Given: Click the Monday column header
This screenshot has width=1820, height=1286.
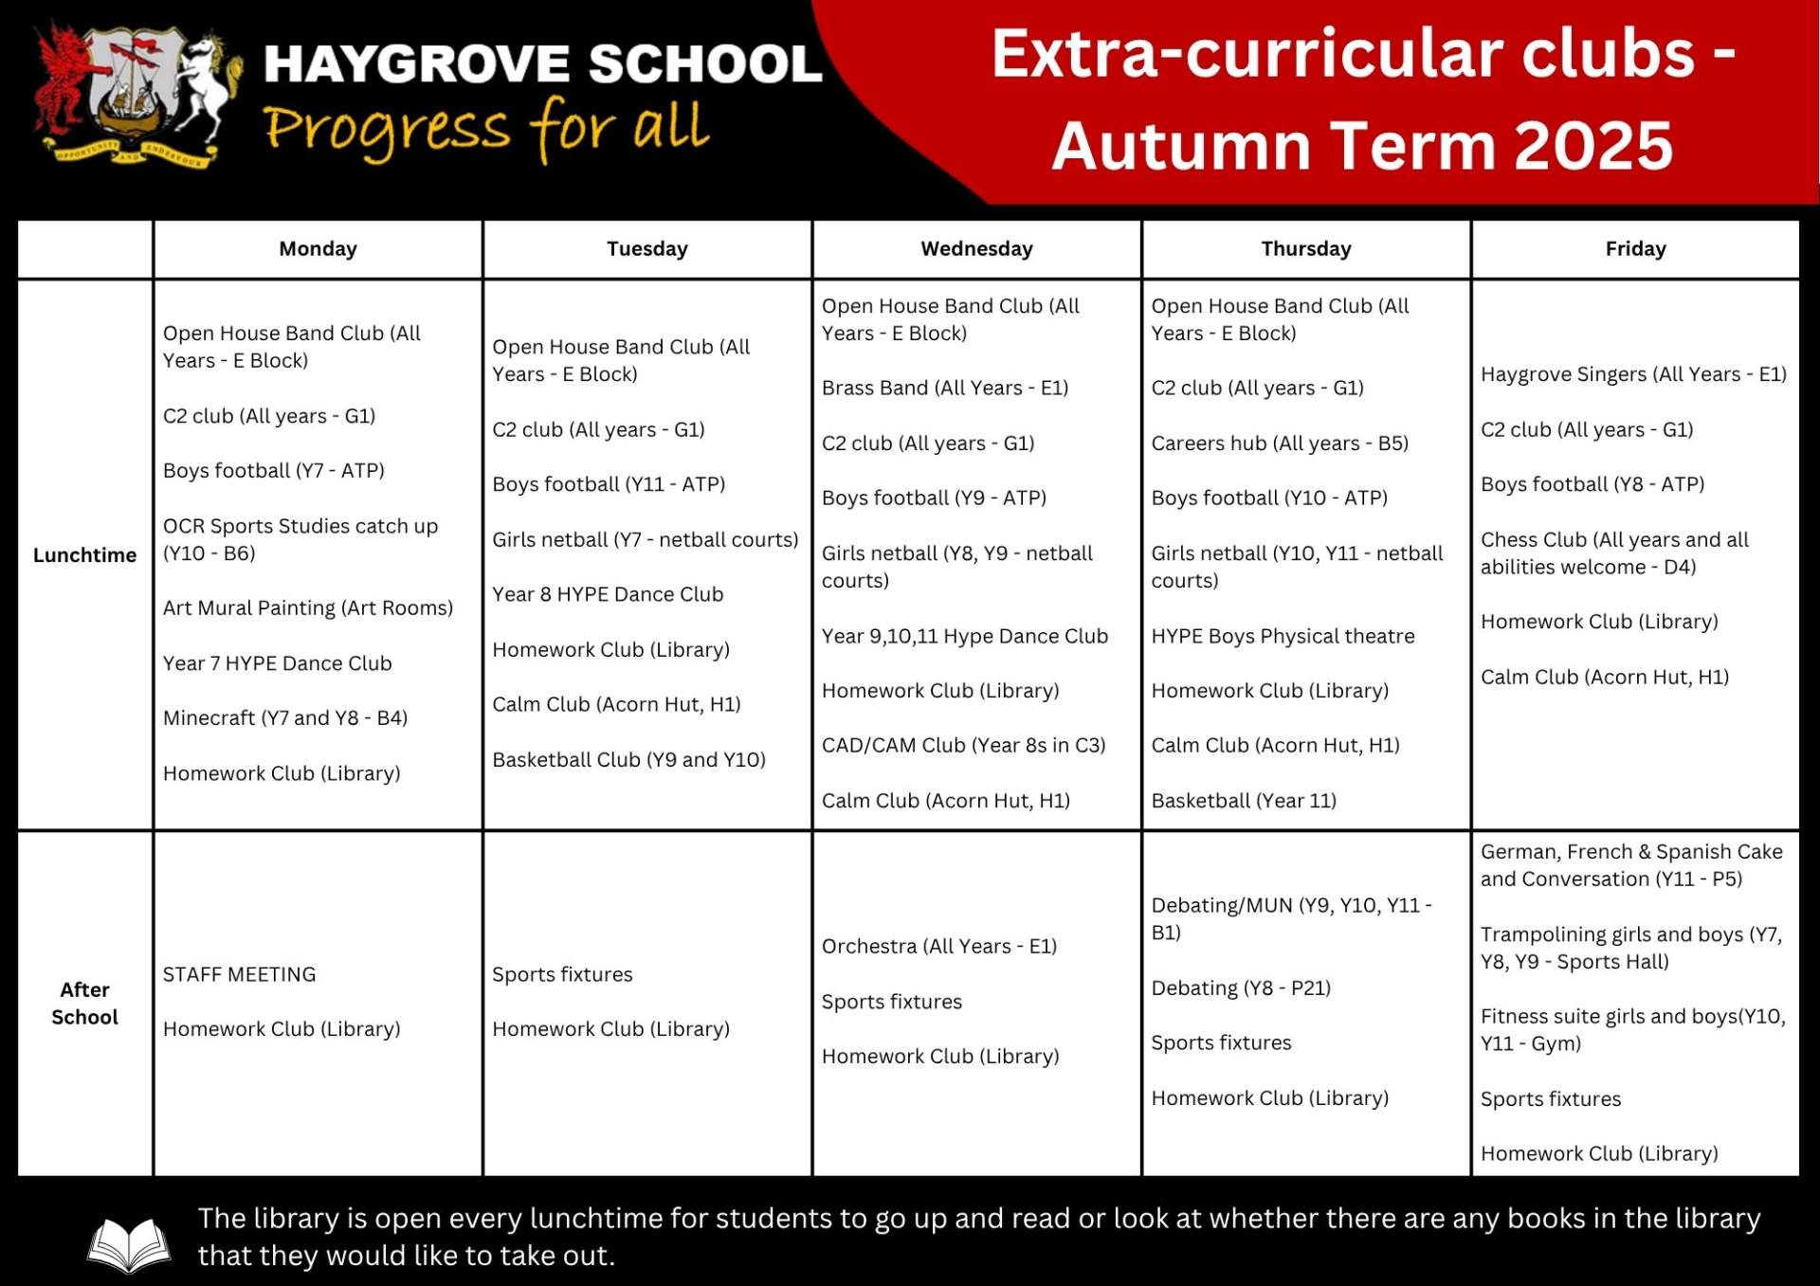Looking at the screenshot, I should [x=318, y=249].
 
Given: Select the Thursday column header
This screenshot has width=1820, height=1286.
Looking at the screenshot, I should [x=1305, y=249].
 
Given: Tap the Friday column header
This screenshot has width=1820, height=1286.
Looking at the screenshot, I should [x=1635, y=249].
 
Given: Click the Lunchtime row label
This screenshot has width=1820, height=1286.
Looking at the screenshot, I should [x=84, y=555].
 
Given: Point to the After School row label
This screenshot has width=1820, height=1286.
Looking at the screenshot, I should [x=84, y=1003].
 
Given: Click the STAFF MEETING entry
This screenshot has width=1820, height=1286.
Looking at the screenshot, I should [x=239, y=974].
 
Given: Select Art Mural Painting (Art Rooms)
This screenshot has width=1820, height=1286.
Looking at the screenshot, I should [x=308, y=607].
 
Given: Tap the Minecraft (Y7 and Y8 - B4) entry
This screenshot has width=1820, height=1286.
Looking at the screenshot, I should [x=285, y=717].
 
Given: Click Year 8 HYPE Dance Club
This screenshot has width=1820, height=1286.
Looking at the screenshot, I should [x=608, y=594].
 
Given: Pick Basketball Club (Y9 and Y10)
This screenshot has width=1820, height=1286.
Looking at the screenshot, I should [x=628, y=759].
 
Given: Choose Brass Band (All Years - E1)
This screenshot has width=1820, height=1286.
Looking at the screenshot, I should [x=945, y=388].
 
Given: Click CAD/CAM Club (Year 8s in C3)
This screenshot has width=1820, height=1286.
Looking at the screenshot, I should [x=963, y=745].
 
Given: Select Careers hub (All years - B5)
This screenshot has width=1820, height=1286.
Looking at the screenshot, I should [x=1280, y=443].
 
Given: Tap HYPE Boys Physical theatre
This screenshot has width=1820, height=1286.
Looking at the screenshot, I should [x=1283, y=636].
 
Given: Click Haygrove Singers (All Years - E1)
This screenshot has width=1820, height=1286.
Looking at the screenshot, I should [x=1633, y=374].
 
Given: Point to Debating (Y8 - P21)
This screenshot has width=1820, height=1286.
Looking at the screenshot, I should [x=1241, y=987].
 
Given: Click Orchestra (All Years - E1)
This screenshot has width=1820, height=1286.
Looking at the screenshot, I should [x=938, y=946].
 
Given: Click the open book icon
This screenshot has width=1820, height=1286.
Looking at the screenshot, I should [x=129, y=1243].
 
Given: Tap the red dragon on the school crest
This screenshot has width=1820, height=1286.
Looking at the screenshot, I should [x=64, y=85].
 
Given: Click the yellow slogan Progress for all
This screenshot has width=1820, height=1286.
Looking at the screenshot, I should [x=485, y=130].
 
